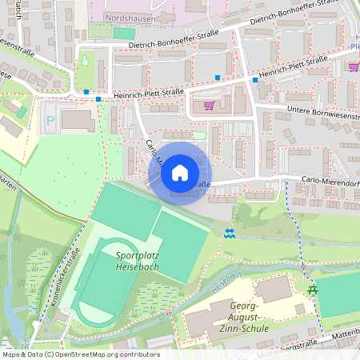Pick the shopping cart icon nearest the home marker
point(210,105)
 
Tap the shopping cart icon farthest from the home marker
point(353,67)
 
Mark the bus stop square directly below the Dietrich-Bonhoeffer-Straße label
point(217,78)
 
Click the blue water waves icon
point(230,233)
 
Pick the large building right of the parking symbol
point(78,121)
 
